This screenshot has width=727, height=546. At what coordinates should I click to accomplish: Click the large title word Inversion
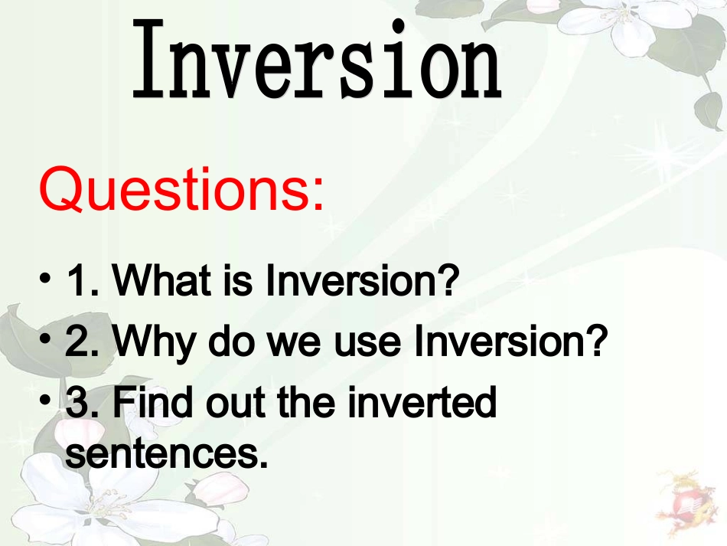[317, 59]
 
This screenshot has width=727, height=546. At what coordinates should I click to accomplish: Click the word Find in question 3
[152, 402]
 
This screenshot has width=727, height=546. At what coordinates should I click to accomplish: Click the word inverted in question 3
[422, 402]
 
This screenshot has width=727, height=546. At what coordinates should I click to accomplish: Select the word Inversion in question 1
[362, 280]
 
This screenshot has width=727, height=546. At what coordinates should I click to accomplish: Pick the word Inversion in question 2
[510, 341]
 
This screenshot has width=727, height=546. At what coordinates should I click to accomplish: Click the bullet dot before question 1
[45, 278]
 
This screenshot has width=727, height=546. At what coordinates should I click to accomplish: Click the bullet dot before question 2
[45, 338]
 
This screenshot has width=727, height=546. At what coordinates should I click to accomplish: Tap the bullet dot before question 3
[45, 399]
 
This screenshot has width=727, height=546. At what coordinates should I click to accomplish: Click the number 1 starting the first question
[77, 280]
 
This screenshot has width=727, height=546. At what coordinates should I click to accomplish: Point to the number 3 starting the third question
[77, 402]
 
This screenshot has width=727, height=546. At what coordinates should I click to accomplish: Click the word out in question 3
[235, 403]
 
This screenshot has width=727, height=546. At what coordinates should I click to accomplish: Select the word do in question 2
[231, 341]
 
